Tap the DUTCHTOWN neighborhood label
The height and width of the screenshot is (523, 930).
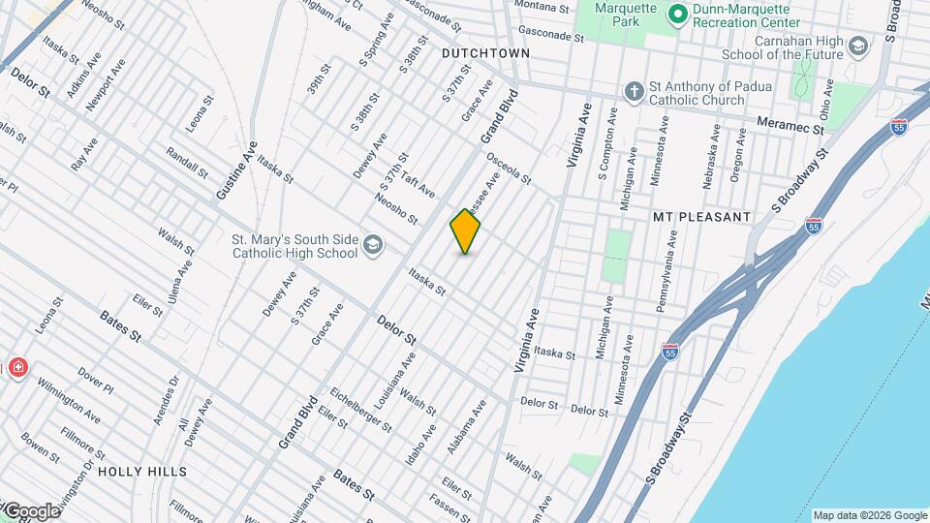pos(485,53)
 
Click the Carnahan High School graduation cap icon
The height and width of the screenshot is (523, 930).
pos(857,46)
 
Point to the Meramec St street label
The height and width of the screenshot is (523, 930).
pos(790,127)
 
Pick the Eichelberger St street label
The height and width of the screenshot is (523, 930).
pos(360,410)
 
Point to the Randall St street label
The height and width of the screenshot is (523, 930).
pos(186,163)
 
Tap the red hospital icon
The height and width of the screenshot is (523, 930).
pos(16,368)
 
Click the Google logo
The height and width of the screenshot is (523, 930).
pos(31,510)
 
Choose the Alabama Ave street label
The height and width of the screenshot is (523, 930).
pos(465,427)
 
